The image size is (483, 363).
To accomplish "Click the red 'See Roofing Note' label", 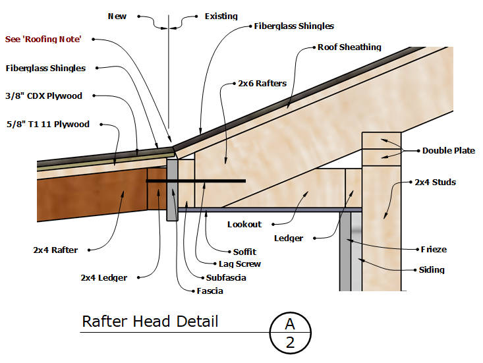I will [x=43, y=40].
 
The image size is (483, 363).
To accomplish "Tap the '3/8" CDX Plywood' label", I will [x=43, y=96].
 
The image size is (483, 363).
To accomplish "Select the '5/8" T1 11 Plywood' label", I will [x=47, y=125].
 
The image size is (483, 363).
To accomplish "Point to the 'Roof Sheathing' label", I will [x=349, y=47].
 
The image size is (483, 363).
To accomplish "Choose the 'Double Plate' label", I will [x=448, y=151].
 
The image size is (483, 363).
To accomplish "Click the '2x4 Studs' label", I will [x=435, y=182].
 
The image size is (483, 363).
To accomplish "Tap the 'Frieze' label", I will [x=433, y=250].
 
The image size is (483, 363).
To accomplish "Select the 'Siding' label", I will [x=432, y=269].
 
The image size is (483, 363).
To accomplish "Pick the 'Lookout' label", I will [x=244, y=225].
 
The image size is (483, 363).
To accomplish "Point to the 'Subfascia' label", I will [x=225, y=277].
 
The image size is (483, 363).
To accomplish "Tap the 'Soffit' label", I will [x=244, y=252].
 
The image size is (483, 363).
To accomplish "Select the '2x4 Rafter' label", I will [x=55, y=250].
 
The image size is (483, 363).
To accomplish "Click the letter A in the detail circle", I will [x=289, y=324].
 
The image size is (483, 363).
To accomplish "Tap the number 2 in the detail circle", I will [x=289, y=342].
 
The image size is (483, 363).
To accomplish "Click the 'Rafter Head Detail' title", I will [x=150, y=322].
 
